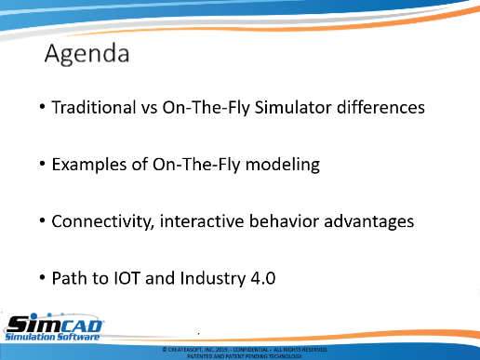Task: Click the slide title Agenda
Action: click(x=87, y=54)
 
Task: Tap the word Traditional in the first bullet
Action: click(x=94, y=107)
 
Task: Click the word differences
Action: click(x=380, y=107)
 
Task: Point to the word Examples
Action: click(x=89, y=165)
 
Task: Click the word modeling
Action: click(x=283, y=165)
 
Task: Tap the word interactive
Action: click(x=202, y=221)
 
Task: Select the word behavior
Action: click(x=284, y=221)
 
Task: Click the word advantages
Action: click(x=369, y=222)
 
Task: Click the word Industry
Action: click(x=213, y=278)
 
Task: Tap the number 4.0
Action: click(x=263, y=278)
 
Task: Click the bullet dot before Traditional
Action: click(x=43, y=107)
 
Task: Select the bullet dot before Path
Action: click(x=43, y=277)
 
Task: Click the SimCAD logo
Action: click(x=54, y=327)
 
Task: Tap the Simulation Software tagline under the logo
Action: click(x=52, y=337)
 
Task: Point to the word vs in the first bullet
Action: click(x=150, y=109)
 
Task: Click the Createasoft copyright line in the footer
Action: click(x=245, y=350)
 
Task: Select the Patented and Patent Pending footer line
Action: click(x=245, y=356)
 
